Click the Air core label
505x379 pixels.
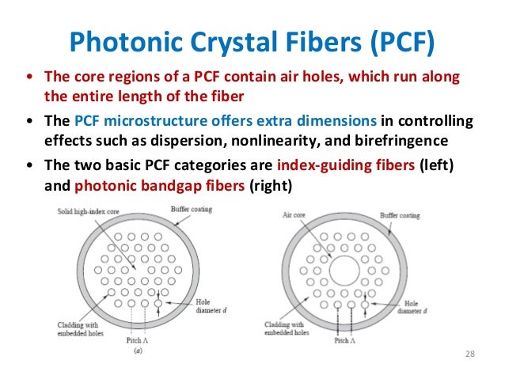coord(294,214)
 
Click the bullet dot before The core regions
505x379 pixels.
coord(30,78)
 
